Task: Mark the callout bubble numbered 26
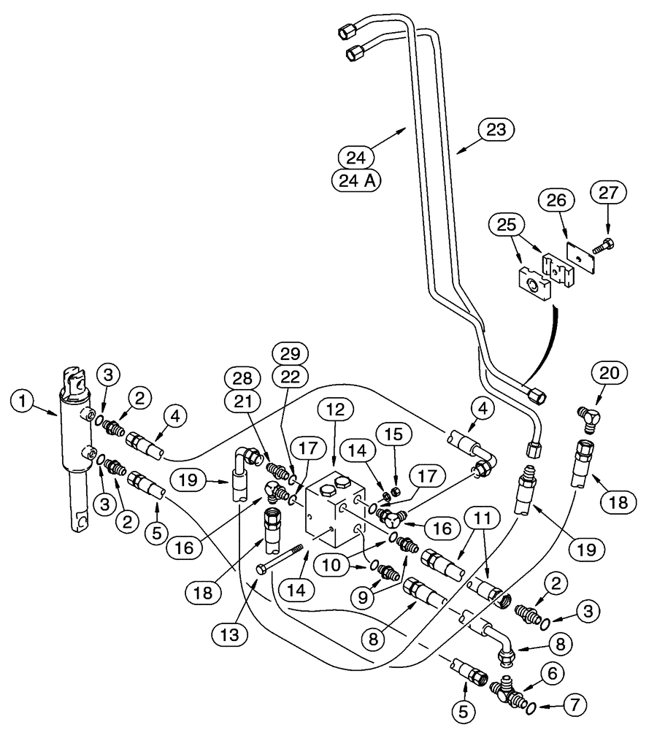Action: point(557,199)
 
